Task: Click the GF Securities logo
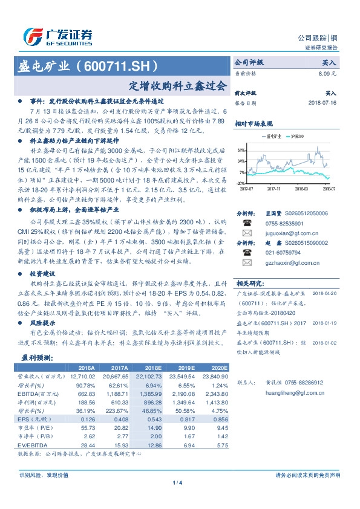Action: click(x=57, y=37)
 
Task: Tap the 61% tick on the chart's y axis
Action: click(x=241, y=149)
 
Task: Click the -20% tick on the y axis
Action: click(x=241, y=183)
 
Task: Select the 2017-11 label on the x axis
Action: click(x=275, y=189)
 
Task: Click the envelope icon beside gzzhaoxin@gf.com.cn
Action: click(x=246, y=263)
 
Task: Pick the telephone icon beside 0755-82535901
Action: click(x=246, y=222)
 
